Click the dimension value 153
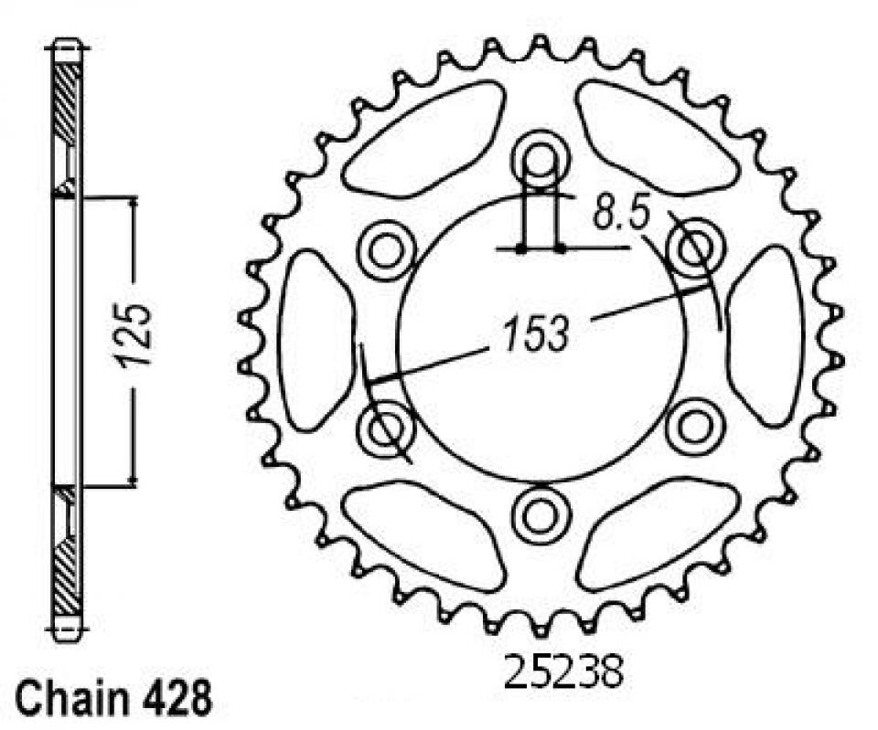point(536,335)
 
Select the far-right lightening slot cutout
point(766,335)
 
